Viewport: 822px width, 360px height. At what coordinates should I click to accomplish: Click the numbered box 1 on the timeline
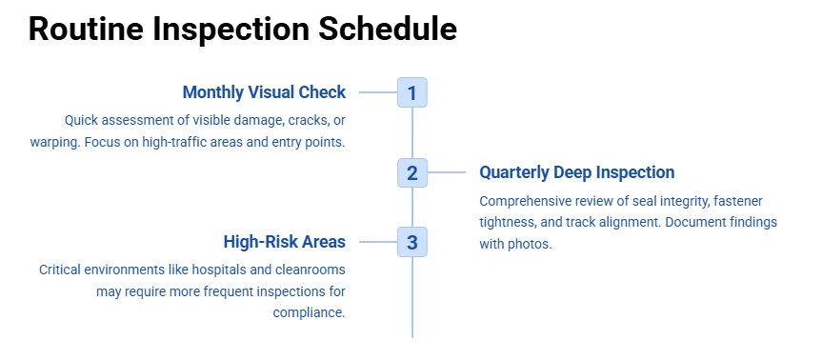(x=412, y=92)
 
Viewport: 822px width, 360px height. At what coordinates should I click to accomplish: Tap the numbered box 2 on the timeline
(x=412, y=172)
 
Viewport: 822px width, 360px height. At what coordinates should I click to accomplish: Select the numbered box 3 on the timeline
(x=412, y=242)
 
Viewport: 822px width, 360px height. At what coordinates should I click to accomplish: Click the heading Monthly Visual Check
(x=264, y=92)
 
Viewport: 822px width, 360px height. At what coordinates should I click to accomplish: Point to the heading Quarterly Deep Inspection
(x=577, y=172)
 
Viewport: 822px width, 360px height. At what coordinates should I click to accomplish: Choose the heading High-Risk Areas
(x=285, y=242)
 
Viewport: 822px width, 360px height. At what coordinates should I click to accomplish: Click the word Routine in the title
(x=86, y=29)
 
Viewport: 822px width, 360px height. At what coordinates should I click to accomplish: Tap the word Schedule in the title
(x=388, y=29)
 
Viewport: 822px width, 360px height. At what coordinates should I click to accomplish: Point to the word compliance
(x=310, y=313)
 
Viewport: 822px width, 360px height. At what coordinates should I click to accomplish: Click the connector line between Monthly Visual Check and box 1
(x=378, y=92)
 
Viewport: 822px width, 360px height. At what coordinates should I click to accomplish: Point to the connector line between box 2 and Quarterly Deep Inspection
(x=446, y=172)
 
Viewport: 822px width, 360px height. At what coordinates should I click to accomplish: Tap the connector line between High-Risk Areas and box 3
(x=378, y=242)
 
